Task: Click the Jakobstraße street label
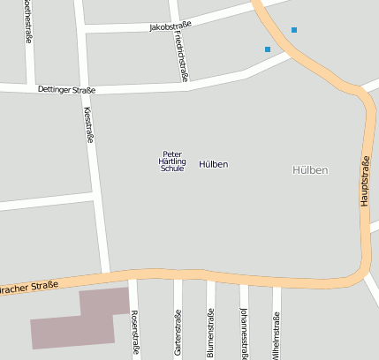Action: click(171, 26)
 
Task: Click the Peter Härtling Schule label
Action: click(172, 161)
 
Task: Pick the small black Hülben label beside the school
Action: click(214, 164)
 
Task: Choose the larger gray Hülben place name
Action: click(310, 169)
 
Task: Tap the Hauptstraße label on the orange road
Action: click(365, 181)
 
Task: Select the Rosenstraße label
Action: click(135, 332)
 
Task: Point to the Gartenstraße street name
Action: click(178, 333)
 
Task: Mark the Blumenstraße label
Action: click(210, 334)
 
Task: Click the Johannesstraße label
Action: click(244, 334)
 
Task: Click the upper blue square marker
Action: click(294, 31)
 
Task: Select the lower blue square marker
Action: click(268, 49)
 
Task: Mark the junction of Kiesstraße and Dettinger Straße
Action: click(85, 88)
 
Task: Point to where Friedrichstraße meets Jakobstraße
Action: click(177, 25)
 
